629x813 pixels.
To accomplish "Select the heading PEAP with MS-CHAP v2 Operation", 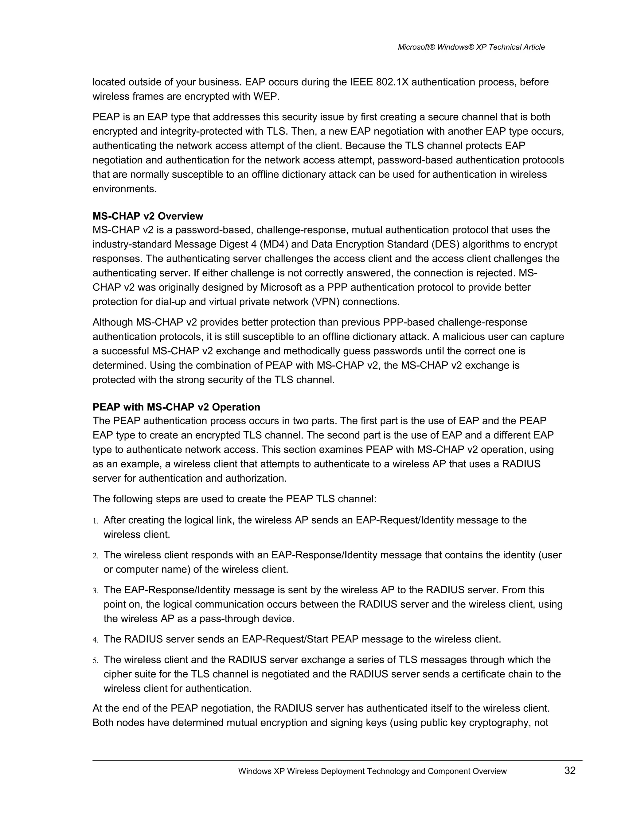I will point(176,407).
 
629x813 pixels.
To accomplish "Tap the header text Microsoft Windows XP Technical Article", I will point(471,47).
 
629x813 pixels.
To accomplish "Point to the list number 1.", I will point(96,521).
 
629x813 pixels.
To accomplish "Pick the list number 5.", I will point(96,661).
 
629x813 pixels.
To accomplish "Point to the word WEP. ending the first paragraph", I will point(266,96).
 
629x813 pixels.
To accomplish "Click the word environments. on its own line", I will point(124,189).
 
